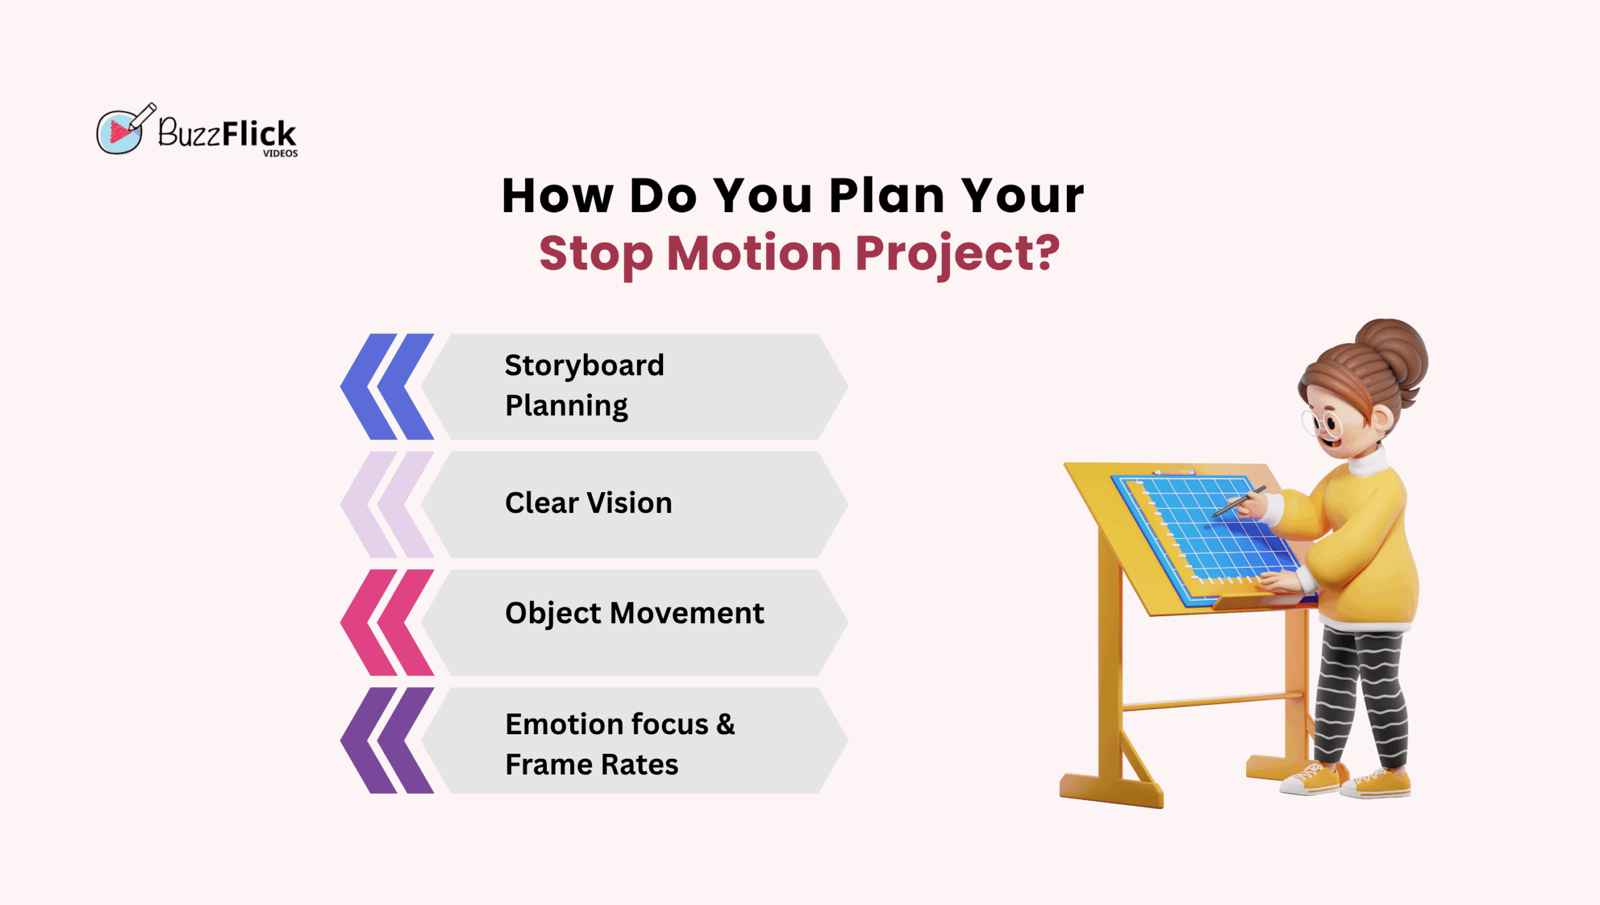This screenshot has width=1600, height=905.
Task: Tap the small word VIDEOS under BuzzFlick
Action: pos(280,153)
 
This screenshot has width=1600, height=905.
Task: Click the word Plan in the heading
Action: pos(887,196)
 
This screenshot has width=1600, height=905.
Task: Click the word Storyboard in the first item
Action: pos(584,366)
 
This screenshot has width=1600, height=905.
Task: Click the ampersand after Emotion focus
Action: pos(726,724)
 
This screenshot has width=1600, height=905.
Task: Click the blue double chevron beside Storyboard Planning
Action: pos(387,387)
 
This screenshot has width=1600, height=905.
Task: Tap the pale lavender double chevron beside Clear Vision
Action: pos(387,504)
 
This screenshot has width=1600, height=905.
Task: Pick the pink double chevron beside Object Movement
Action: pos(387,622)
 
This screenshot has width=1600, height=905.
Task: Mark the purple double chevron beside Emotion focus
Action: pos(387,741)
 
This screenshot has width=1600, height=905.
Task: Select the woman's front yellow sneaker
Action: pos(1310,779)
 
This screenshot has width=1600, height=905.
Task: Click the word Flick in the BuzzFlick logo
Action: pos(259,133)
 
